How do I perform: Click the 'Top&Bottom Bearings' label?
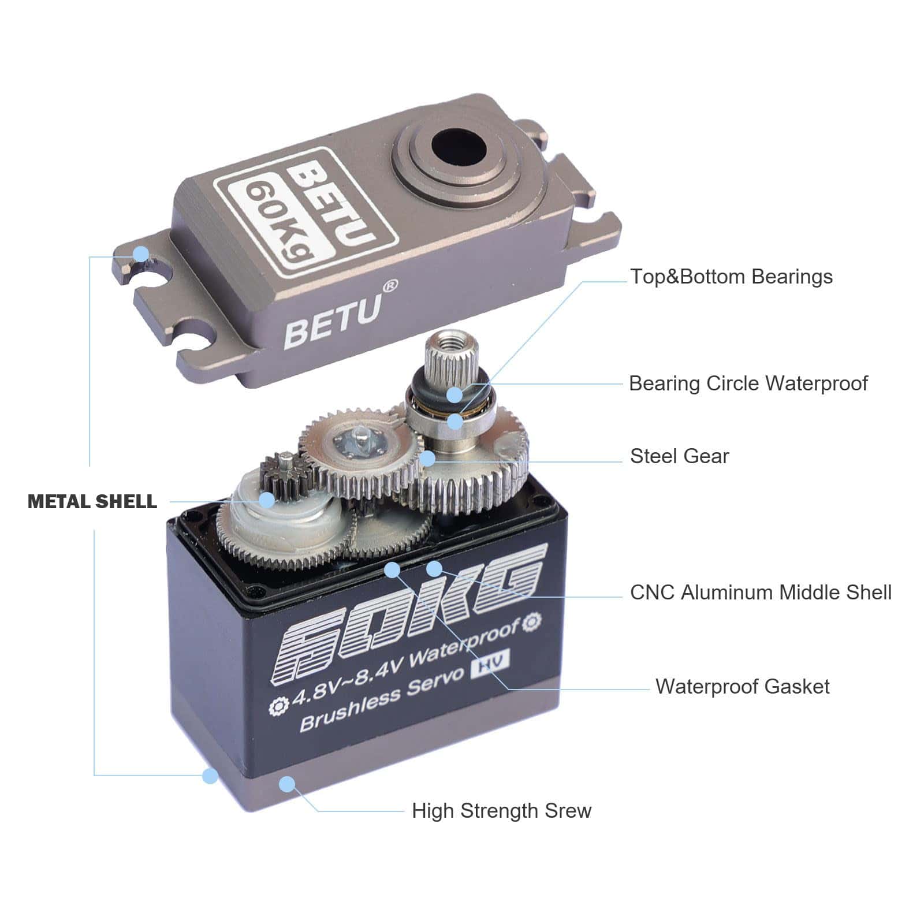pyautogui.click(x=731, y=277)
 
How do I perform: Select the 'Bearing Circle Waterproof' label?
pyautogui.click(x=748, y=384)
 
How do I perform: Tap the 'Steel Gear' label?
pyautogui.click(x=679, y=456)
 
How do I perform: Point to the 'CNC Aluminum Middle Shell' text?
pyautogui.click(x=761, y=593)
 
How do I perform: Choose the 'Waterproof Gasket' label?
pyautogui.click(x=742, y=687)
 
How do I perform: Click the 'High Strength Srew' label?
pyautogui.click(x=501, y=811)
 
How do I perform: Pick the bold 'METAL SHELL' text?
pyautogui.click(x=92, y=501)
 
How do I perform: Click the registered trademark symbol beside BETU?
pyautogui.click(x=390, y=285)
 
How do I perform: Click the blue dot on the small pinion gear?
pyautogui.click(x=266, y=500)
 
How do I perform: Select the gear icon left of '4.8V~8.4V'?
pyautogui.click(x=279, y=706)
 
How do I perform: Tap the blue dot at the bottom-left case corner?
pyautogui.click(x=211, y=776)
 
